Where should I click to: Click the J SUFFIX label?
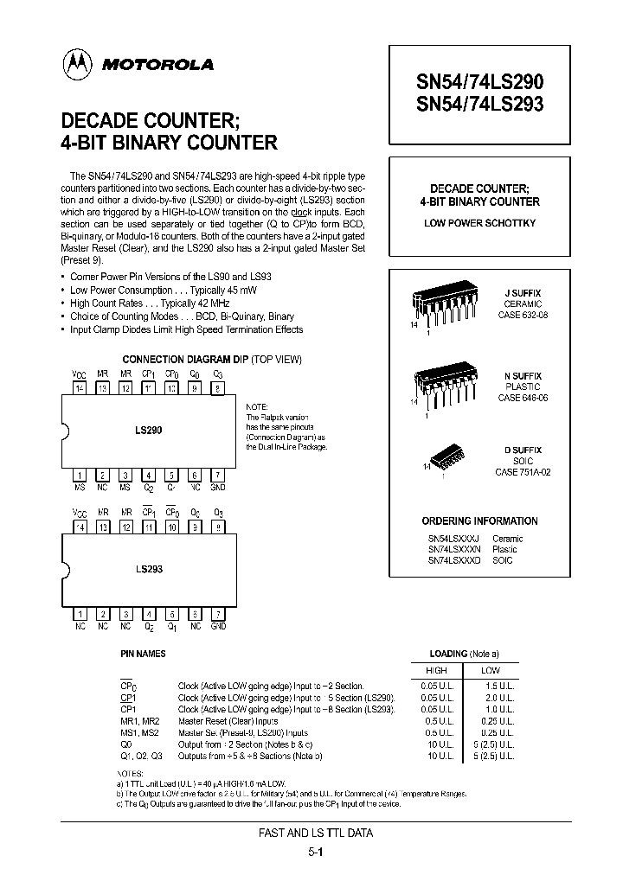523,292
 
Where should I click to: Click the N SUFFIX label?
523,376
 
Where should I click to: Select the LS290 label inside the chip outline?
149,430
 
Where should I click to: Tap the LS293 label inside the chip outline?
149,570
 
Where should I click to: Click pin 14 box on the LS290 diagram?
80,390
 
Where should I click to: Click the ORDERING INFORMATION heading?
479,521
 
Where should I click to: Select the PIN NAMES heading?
143,655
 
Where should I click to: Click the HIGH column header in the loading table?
436,671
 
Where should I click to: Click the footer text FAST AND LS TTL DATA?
315,834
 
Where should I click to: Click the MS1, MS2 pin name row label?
138,731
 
